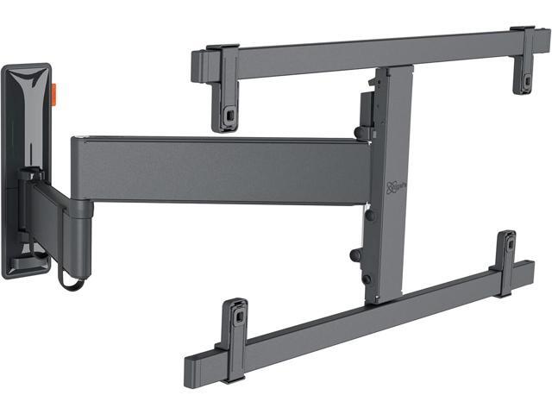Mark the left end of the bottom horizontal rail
[191, 369]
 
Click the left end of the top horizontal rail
[197, 63]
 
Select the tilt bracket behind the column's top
[367, 108]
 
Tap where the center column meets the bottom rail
[383, 298]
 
